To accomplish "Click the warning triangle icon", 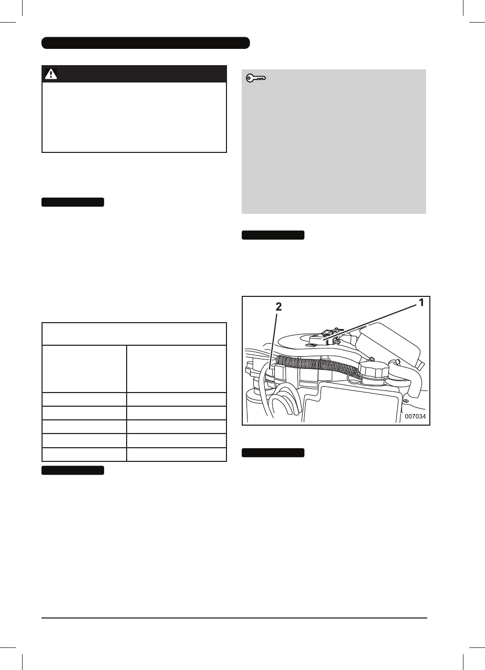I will pyautogui.click(x=51, y=74).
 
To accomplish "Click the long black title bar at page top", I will pyautogui.click(x=145, y=43).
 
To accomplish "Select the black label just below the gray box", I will pyautogui.click(x=273, y=235).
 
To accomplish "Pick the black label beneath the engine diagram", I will pyautogui.click(x=273, y=453).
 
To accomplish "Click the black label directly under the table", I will pyautogui.click(x=73, y=470).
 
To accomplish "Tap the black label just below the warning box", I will pyautogui.click(x=73, y=202).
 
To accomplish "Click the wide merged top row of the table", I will pyautogui.click(x=134, y=334).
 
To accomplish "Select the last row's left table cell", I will pyautogui.click(x=85, y=454).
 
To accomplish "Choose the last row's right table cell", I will pyautogui.click(x=177, y=454).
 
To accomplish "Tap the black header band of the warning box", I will pyautogui.click(x=134, y=74).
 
